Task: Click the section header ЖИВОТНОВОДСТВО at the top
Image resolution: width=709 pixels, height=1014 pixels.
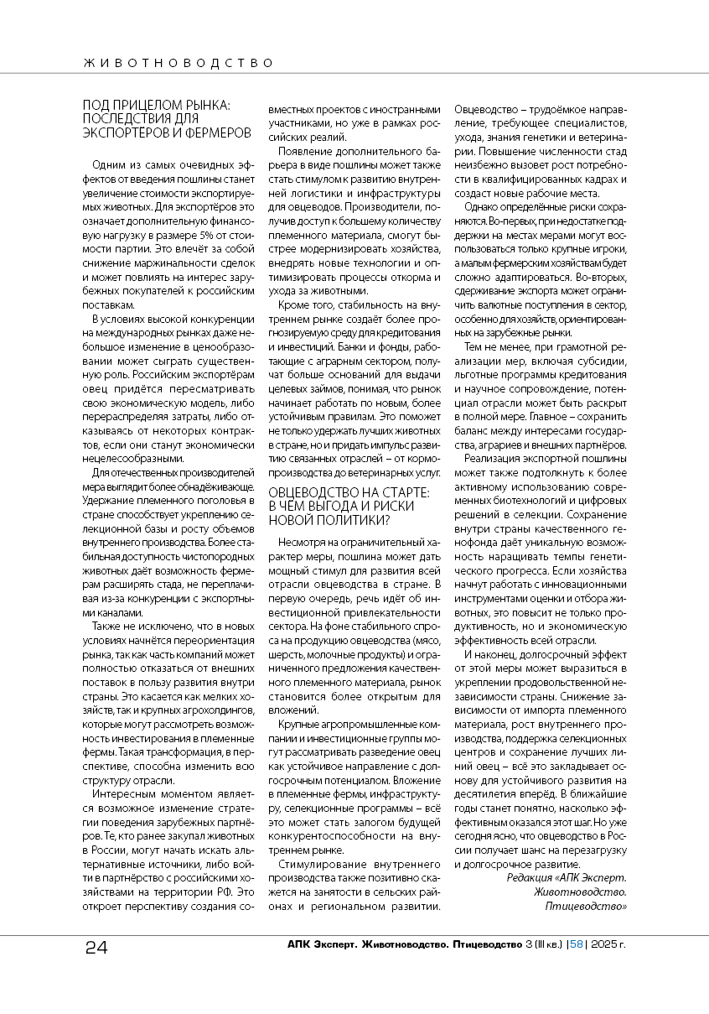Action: [x=179, y=63]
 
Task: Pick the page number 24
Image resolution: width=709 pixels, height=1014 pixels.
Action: [x=96, y=948]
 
